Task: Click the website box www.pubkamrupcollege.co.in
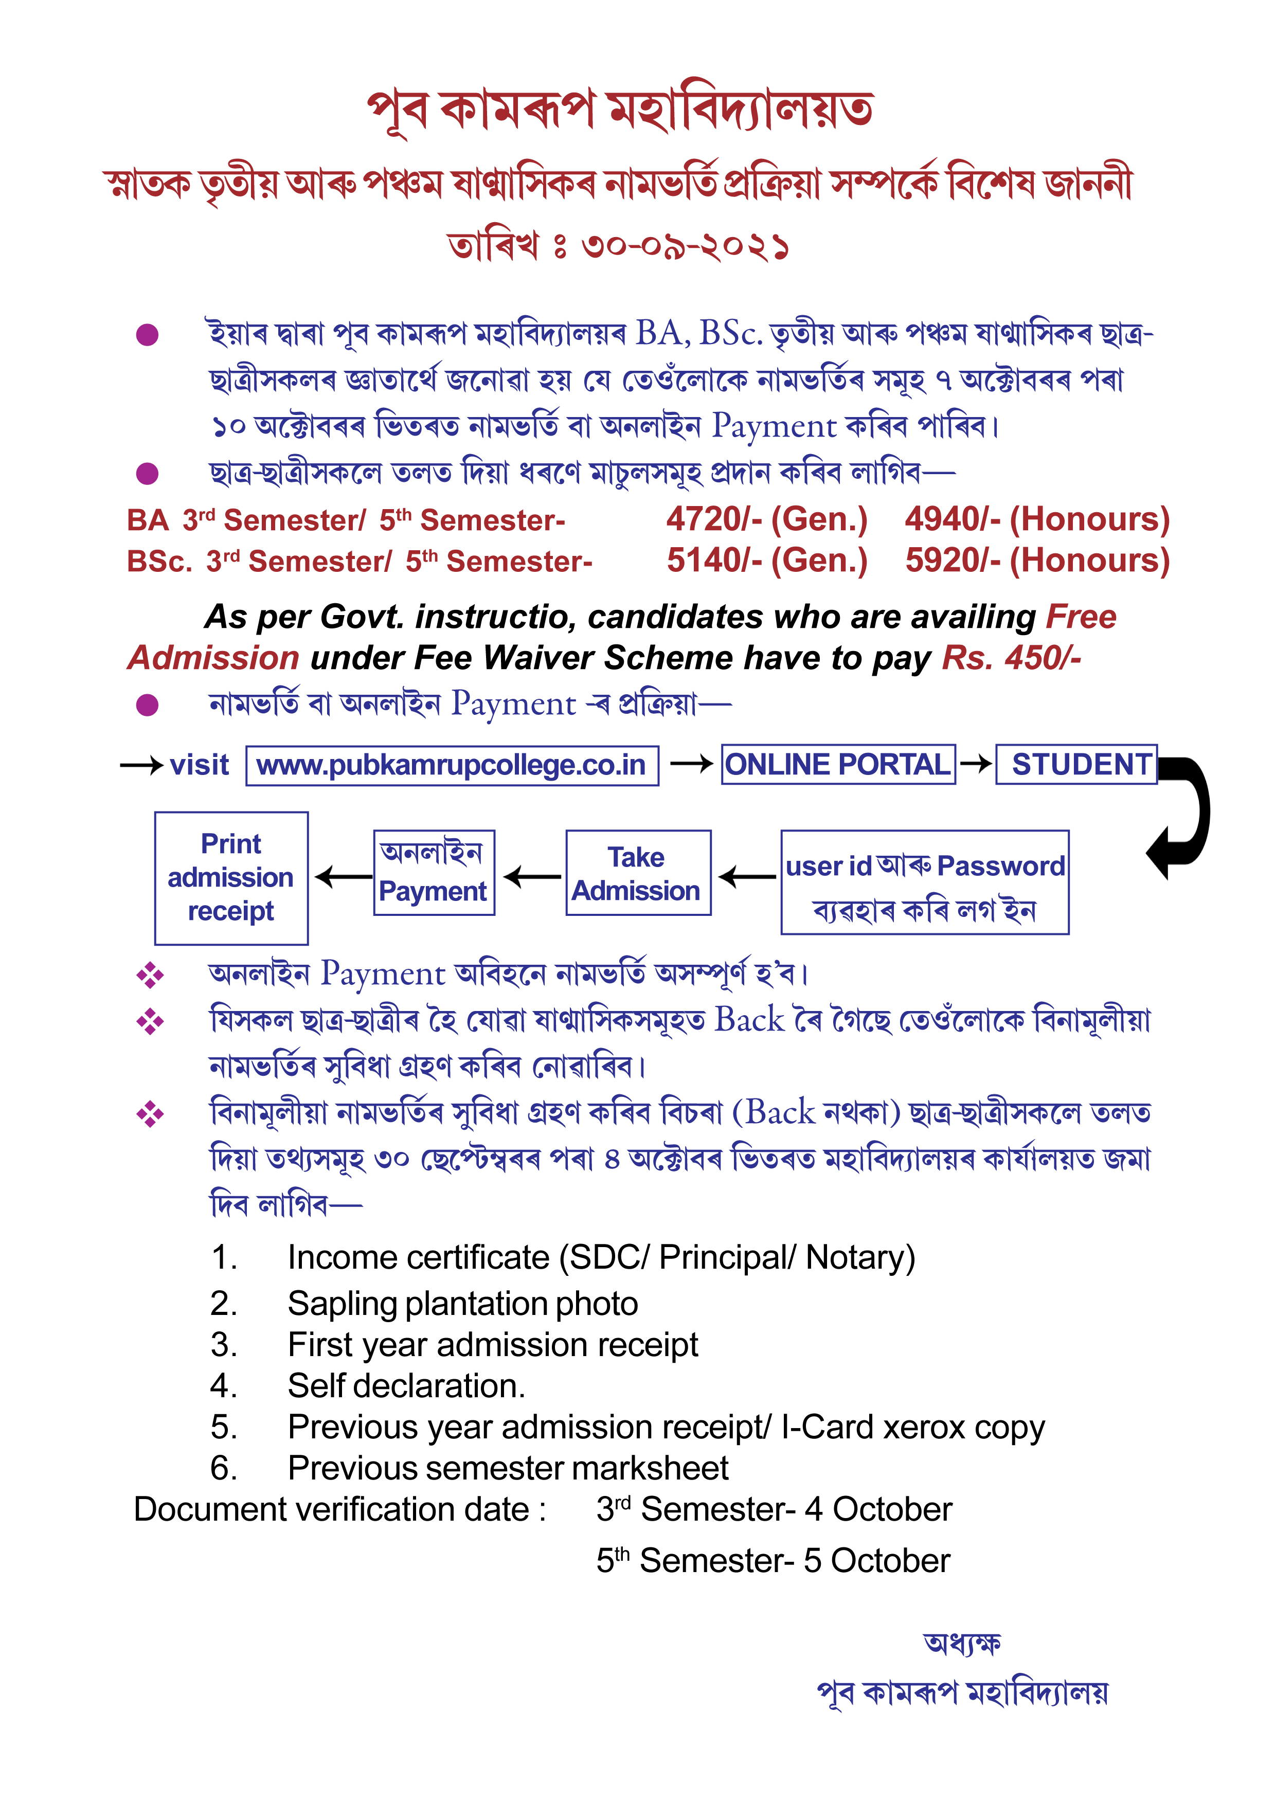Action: tap(452, 765)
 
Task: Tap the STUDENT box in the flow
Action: tap(1076, 765)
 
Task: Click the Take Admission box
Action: tap(638, 873)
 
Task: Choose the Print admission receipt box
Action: tap(231, 878)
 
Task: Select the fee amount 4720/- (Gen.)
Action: tap(766, 519)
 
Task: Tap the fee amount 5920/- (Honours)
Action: tap(1037, 560)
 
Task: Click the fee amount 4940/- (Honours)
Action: tap(1037, 519)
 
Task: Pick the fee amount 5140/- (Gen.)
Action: tap(766, 560)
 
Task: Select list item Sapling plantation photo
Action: tap(463, 1304)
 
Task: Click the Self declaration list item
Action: tap(406, 1385)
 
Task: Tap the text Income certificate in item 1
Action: tap(418, 1257)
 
